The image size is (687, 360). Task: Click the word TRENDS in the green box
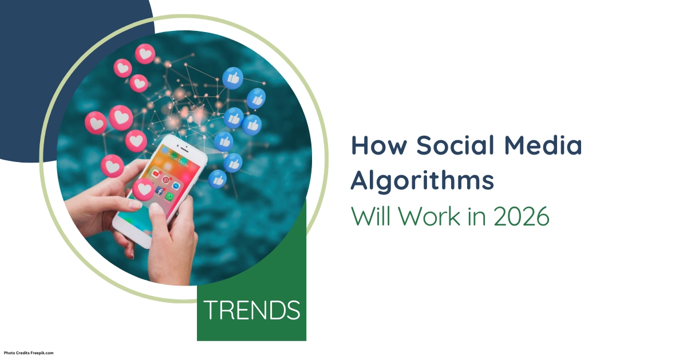252,310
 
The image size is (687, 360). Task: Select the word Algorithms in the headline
422,181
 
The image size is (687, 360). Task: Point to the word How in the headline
378,145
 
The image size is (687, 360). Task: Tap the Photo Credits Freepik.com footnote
29,353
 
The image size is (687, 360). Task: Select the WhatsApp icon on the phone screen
169,196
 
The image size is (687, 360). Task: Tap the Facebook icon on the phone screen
160,191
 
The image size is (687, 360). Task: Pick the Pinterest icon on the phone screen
166,179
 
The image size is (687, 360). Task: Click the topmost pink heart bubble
145,53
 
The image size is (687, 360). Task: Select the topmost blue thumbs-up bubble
232,78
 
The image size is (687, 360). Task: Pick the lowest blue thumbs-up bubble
218,179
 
